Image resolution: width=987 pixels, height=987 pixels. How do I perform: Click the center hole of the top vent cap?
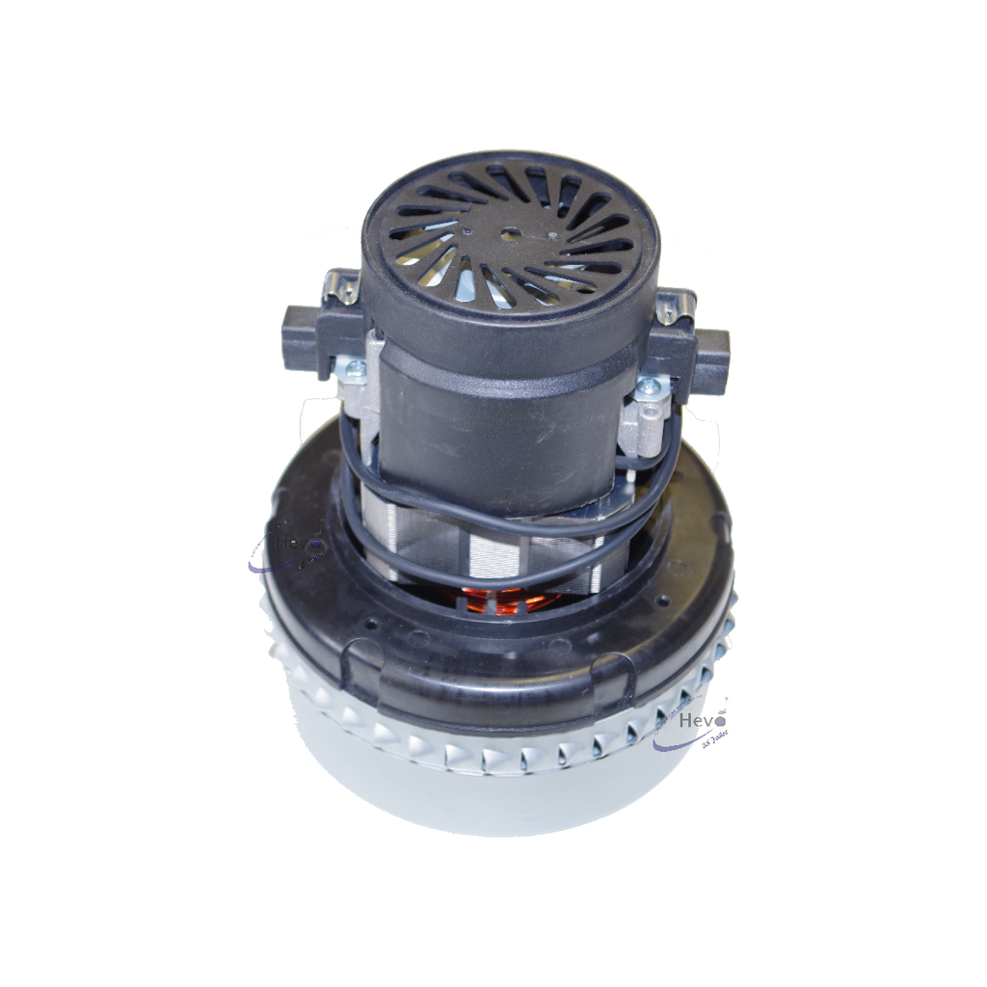tap(508, 232)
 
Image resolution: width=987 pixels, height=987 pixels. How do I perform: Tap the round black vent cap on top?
tap(510, 236)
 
